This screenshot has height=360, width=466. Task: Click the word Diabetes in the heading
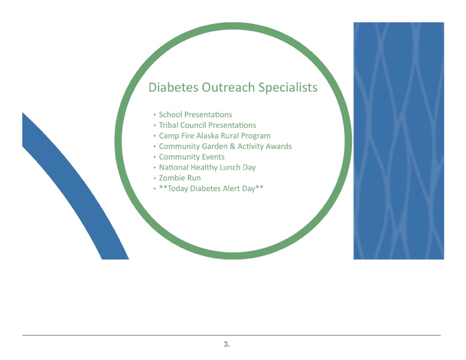coord(173,88)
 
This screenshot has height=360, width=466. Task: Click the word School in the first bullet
coord(171,115)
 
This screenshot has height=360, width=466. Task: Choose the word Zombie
coord(172,178)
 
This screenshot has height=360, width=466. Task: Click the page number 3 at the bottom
coord(226,344)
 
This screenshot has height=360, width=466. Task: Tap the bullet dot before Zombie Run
coord(155,179)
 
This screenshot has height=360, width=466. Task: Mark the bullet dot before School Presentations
coord(155,115)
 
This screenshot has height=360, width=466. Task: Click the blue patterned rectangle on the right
coord(398,141)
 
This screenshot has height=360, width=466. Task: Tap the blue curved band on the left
coord(72,192)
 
